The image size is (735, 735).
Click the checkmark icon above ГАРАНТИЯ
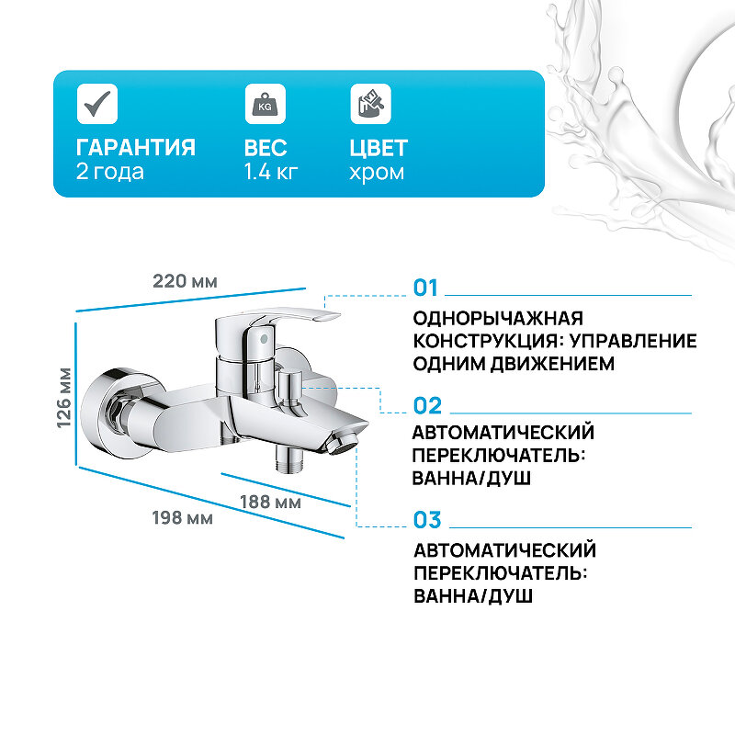point(96,104)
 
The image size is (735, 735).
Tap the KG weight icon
point(265,104)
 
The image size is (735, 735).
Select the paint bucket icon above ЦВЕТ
point(370,104)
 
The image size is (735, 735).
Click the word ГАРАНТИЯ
point(135,148)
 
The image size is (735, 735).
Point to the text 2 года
point(110,172)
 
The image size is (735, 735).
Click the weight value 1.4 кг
point(271,172)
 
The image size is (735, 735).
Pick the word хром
point(377,172)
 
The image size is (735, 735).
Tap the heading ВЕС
point(266,148)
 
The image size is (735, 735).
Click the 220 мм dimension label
point(185,281)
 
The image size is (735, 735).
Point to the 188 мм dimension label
point(270,502)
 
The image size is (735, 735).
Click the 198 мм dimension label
point(182,518)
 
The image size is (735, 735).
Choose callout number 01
point(426,288)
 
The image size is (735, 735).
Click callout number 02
point(427,405)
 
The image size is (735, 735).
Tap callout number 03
point(427,520)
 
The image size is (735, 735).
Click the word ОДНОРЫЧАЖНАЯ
point(499,318)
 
